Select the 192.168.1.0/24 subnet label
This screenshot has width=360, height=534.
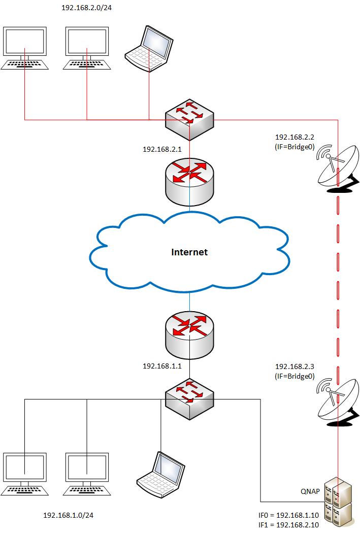coord(69,516)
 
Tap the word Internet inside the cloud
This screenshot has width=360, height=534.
coord(189,252)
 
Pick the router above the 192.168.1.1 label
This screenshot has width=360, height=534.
coord(189,333)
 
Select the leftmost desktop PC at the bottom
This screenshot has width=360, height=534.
coord(24,474)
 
